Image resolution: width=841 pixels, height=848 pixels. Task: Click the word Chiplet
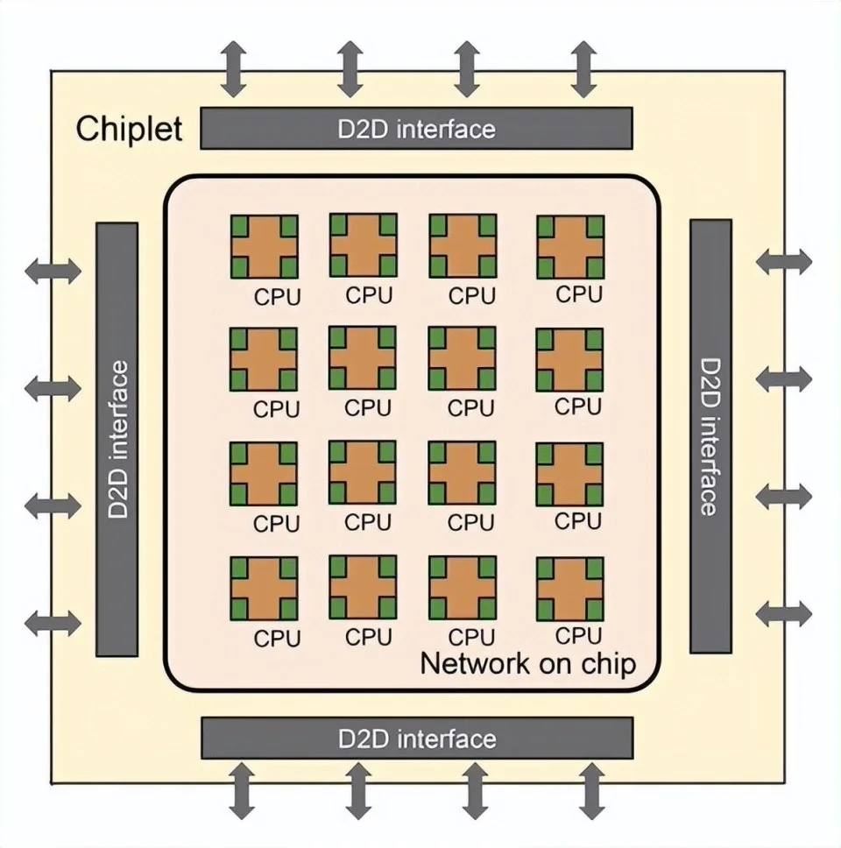click(x=129, y=130)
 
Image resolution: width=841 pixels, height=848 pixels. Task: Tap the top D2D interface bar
click(x=416, y=128)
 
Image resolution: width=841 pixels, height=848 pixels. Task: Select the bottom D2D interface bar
click(x=417, y=738)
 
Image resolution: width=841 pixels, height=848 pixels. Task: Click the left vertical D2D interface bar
click(x=117, y=440)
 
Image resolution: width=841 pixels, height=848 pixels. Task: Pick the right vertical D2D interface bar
click(x=710, y=436)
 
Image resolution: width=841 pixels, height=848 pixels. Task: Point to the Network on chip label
click(x=528, y=663)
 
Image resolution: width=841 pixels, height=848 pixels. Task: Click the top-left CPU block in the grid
click(x=265, y=247)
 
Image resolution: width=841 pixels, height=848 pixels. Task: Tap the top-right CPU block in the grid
click(x=570, y=247)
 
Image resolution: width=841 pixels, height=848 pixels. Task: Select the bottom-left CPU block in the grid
click(x=264, y=589)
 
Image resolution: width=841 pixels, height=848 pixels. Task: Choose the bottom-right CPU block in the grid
click(x=570, y=589)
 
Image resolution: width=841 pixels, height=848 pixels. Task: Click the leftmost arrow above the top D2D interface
click(x=234, y=69)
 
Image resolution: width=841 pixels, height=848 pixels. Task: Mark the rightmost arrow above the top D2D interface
click(x=583, y=69)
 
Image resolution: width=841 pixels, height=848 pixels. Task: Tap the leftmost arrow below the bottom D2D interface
click(x=242, y=791)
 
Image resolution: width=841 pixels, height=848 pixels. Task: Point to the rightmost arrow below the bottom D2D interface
click(x=591, y=791)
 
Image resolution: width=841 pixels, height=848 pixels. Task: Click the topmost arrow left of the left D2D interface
click(x=53, y=271)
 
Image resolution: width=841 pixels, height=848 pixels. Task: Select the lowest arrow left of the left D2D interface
click(x=53, y=624)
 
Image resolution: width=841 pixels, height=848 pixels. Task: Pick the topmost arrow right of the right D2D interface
click(x=784, y=262)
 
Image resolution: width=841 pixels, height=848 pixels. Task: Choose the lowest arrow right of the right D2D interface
click(x=784, y=614)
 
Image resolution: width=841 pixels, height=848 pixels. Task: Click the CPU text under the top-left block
click(x=277, y=297)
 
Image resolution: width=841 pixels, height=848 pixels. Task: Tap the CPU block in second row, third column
click(x=463, y=358)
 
